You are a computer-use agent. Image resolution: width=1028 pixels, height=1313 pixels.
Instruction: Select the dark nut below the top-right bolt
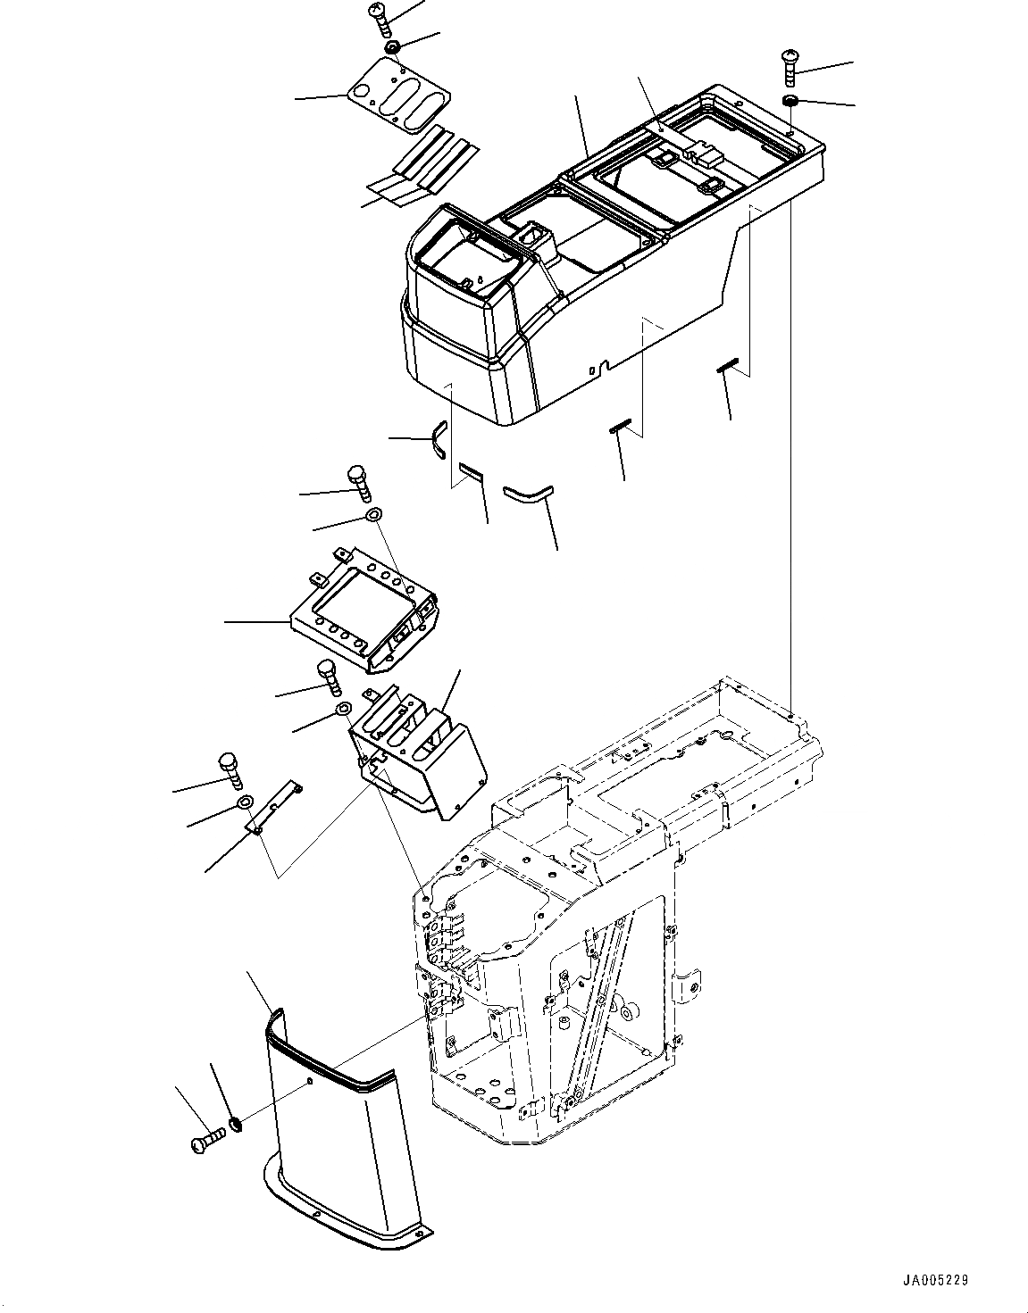pos(790,100)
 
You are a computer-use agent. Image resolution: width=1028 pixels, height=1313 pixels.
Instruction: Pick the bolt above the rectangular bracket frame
pos(356,482)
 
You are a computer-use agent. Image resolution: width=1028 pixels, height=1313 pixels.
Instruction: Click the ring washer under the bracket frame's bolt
pos(373,517)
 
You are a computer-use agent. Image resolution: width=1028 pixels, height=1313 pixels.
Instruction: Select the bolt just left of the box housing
pos(328,677)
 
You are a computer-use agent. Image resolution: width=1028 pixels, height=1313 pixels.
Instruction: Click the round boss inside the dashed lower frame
pos(627,1012)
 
